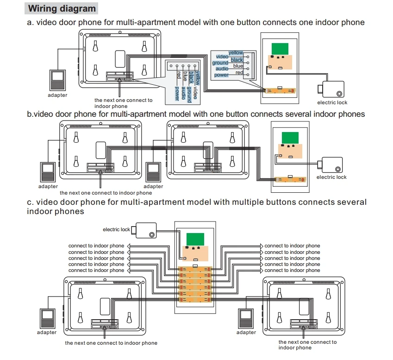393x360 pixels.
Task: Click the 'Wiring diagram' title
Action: coord(62,8)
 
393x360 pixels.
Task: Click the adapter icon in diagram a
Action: coord(58,80)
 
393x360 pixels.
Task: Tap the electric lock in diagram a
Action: coord(331,89)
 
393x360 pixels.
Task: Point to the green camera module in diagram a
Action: coord(280,49)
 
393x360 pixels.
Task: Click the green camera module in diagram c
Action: coord(195,240)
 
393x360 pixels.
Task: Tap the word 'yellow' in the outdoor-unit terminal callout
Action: coord(236,53)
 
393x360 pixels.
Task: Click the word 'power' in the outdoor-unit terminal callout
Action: coord(221,75)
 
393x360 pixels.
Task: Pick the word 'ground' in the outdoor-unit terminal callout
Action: coord(220,63)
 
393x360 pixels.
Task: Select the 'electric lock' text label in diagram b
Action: coord(331,177)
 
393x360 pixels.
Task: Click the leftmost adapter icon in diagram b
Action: coord(48,172)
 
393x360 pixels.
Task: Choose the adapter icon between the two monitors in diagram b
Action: coord(153,172)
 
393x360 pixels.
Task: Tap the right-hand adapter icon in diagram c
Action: coord(246,318)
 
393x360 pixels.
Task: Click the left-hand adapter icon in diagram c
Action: coord(47,318)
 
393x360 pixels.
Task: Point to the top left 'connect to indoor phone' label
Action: coord(96,246)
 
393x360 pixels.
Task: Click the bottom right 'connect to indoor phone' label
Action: coord(292,271)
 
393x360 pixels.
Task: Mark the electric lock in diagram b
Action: coord(330,165)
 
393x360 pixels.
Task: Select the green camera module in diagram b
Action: coord(290,138)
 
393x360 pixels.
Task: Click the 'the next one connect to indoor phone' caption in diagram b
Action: coord(106,193)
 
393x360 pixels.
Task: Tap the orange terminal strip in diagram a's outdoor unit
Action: coord(281,90)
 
